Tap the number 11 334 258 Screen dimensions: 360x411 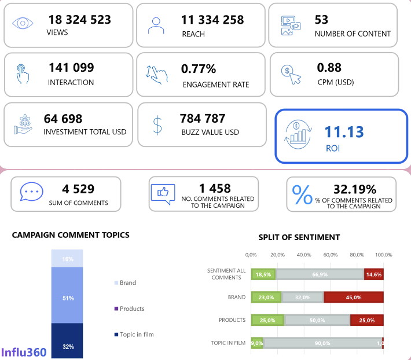pos(212,20)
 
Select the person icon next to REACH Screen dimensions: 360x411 pos(156,25)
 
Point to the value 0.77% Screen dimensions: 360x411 pos(199,69)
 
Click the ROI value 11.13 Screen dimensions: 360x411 pos(344,132)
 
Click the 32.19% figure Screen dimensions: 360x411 pos(355,189)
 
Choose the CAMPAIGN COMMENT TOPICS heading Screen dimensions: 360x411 pos(71,235)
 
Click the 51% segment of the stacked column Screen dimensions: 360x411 pos(68,297)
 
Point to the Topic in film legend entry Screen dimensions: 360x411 pos(137,335)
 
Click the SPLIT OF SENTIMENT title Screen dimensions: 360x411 pos(299,237)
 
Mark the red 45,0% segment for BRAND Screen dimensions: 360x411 pos(353,297)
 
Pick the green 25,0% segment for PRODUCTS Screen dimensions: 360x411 pos(267,320)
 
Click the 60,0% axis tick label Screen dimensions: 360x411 pos(331,255)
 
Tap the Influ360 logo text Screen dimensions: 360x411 pos(24,351)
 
